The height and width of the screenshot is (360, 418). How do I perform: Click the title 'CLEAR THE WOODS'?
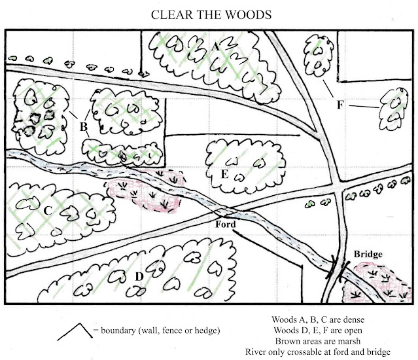coord(209,14)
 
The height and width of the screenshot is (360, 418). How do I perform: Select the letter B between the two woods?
coord(84,126)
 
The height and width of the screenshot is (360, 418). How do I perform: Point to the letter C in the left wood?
coord(47,211)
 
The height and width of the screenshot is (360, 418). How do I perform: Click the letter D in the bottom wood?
coord(139,277)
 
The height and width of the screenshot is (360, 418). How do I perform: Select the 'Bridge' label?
coord(367,253)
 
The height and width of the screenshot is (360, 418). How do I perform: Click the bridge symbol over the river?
coord(338,268)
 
